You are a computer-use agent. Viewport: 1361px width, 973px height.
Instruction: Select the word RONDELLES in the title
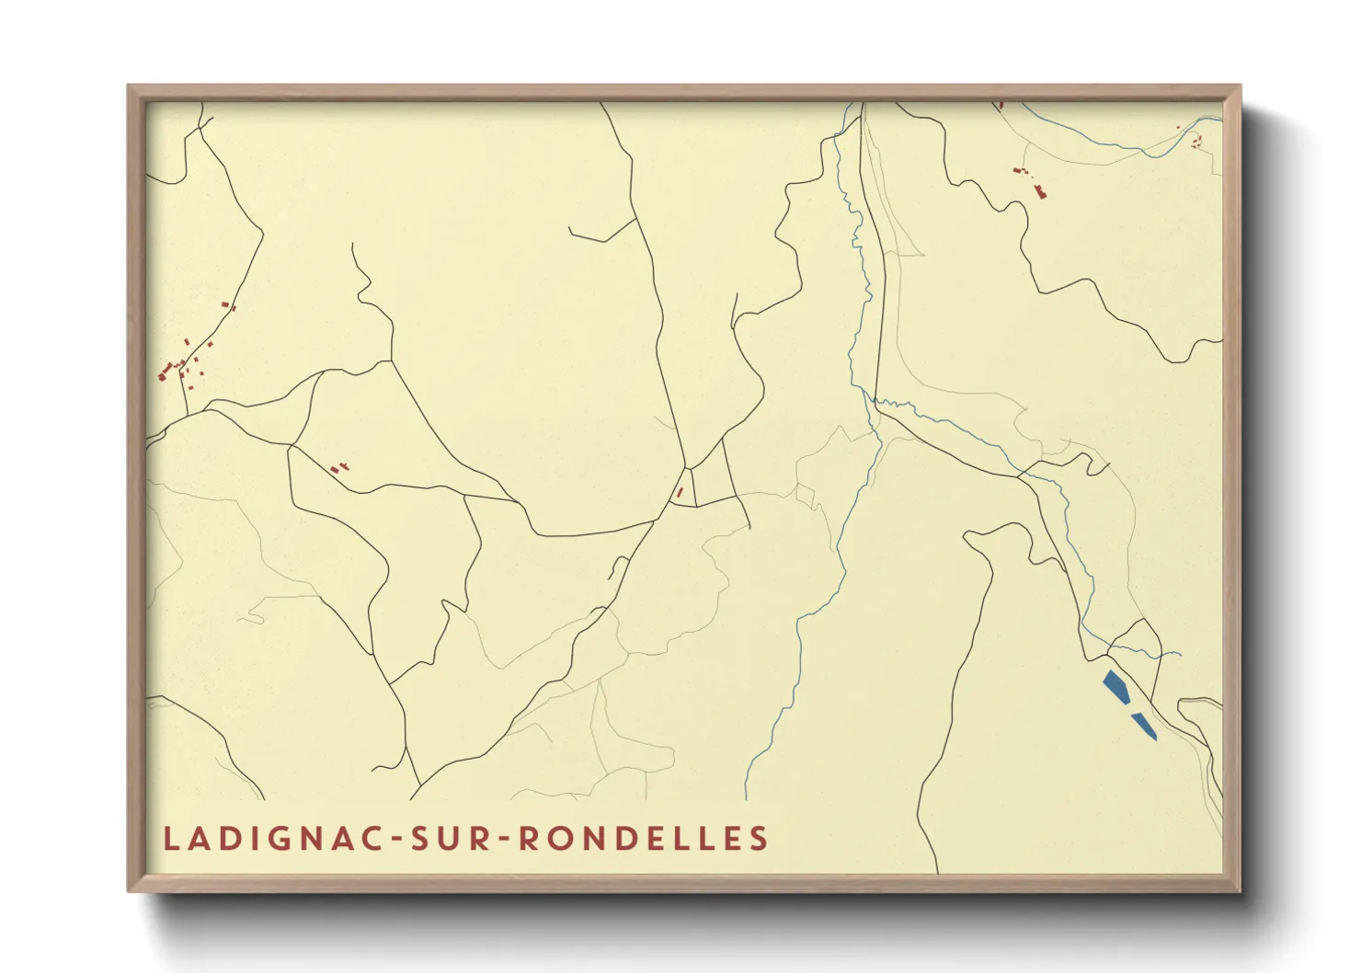644,839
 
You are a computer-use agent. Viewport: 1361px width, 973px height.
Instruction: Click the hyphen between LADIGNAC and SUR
398,840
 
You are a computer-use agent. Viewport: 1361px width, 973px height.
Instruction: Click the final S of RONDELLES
759,839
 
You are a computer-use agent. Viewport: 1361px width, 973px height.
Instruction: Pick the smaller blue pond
1145,726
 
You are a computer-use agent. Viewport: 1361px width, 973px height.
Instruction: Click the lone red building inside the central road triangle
680,492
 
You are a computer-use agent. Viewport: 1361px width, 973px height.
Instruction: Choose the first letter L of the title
170,839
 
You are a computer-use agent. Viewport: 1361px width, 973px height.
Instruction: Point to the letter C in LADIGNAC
372,839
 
